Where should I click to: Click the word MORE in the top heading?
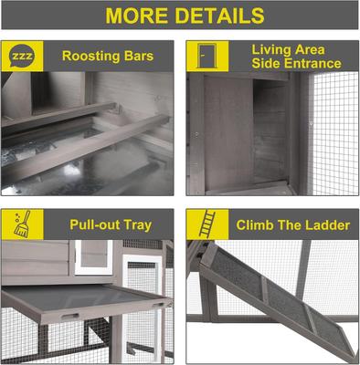pos(139,16)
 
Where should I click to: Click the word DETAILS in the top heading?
pos(219,16)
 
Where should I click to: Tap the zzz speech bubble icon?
pos(21,56)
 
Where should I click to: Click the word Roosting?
pos(94,56)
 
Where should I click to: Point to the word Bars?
pos(146,56)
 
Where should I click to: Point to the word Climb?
pos(258,224)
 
